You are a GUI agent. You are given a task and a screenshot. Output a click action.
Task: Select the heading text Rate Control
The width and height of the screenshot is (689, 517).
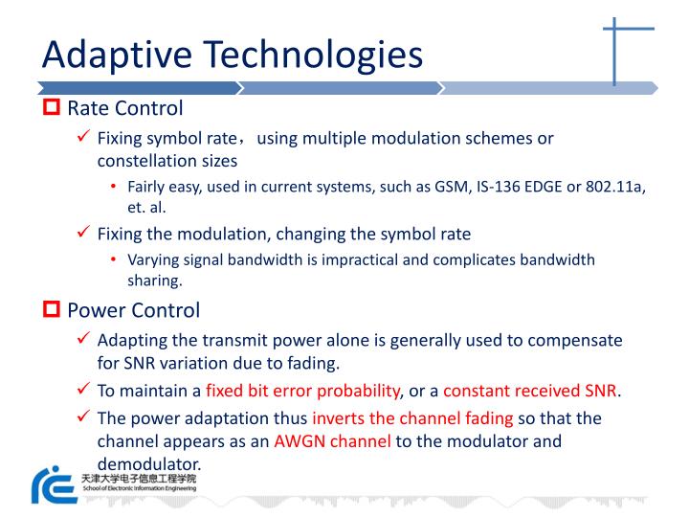click(124, 108)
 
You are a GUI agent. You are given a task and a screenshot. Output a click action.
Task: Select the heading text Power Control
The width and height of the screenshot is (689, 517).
click(133, 310)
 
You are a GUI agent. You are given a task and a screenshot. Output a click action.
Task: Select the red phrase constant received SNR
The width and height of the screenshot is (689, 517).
click(530, 390)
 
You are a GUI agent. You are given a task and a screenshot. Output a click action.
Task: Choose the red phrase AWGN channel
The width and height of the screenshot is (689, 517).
click(333, 442)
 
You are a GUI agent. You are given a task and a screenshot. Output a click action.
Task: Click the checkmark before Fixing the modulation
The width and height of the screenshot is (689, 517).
click(84, 233)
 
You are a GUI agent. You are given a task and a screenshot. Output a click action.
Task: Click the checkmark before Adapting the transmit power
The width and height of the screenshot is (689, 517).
click(84, 340)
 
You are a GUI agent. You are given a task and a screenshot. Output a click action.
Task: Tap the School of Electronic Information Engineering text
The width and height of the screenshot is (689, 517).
click(139, 487)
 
